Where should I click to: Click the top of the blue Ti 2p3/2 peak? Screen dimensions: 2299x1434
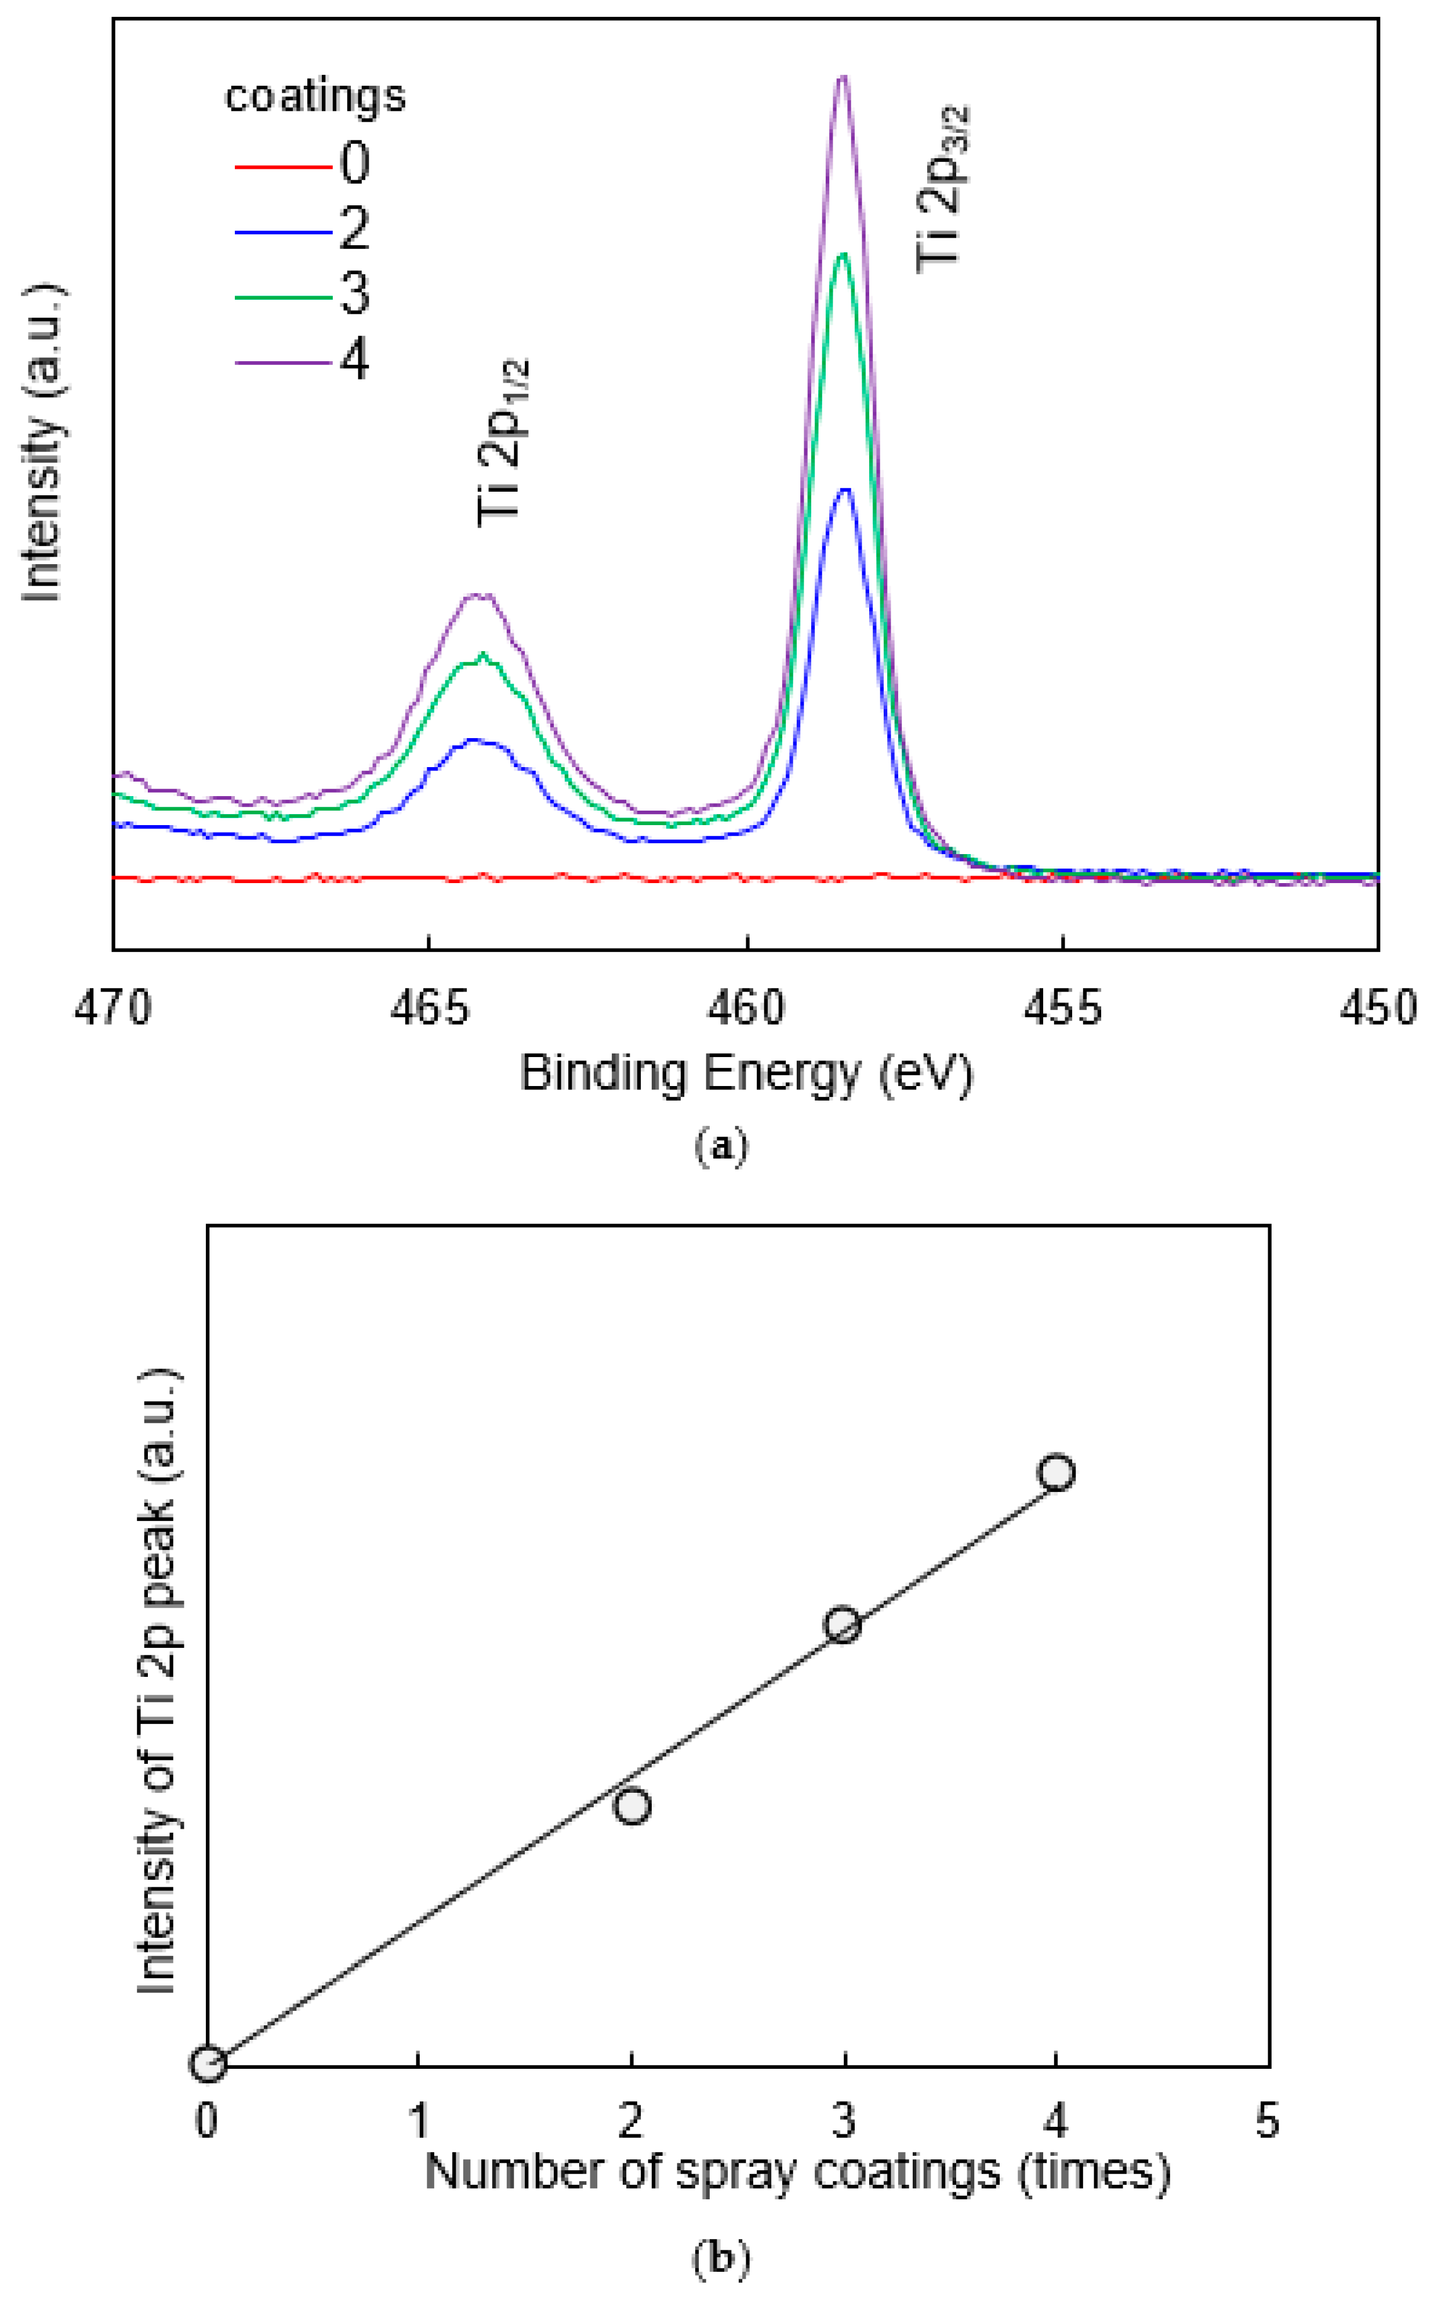pos(845,490)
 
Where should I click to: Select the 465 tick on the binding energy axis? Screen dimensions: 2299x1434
pos(430,1008)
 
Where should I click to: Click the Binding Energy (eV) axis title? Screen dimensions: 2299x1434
pos(746,1074)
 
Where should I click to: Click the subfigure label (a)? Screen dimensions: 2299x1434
pos(721,1146)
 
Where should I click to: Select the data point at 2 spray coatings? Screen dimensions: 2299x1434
pos(631,1806)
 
